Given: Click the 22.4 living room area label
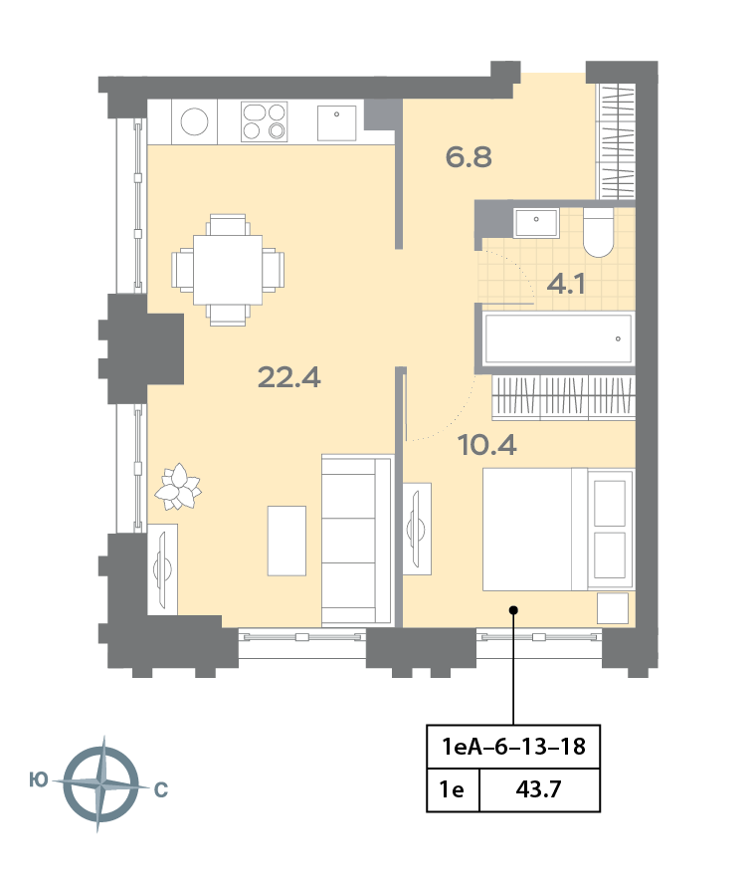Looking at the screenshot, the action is tap(288, 377).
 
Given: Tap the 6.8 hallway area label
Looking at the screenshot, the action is tap(469, 156).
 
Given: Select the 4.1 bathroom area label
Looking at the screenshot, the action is tap(566, 284).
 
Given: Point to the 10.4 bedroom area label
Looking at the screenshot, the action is tap(486, 445).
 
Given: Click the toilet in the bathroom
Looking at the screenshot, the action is tap(598, 233).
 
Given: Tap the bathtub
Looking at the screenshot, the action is tap(558, 338).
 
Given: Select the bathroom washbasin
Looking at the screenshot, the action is tap(536, 223).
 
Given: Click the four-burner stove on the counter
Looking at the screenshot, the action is tap(264, 121).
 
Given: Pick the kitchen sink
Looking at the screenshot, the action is tap(336, 122).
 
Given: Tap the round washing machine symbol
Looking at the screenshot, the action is tap(194, 121).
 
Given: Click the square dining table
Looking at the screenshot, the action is tap(228, 270).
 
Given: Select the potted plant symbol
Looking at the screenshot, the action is tap(179, 487).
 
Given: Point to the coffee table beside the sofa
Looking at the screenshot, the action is tap(286, 541).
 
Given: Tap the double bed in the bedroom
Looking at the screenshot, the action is tap(558, 529).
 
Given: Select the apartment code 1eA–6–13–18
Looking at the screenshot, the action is tap(513, 747).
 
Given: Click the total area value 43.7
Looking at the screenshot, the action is tap(538, 789).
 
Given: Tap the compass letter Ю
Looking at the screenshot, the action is tap(39, 780).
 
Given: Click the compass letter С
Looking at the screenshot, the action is tap(161, 789).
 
